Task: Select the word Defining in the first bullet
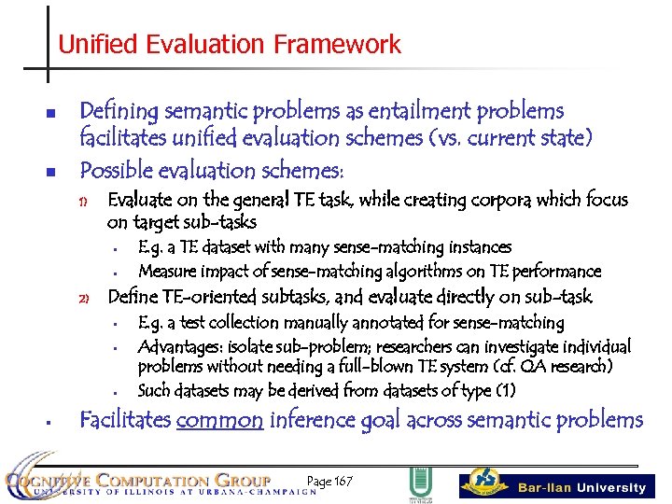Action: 119,111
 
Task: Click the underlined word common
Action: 218,420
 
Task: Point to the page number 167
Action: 331,481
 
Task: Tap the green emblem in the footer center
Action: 419,484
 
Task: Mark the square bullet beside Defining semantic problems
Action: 52,114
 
